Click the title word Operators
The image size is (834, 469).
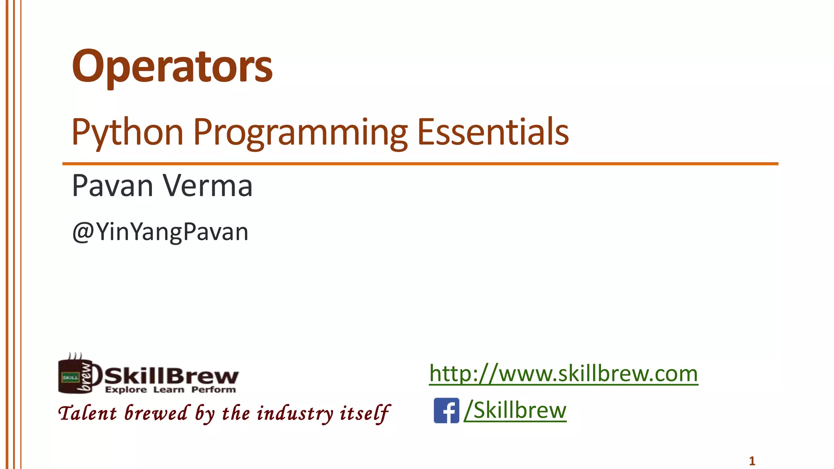pyautogui.click(x=172, y=66)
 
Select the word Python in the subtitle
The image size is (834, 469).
pyautogui.click(x=127, y=132)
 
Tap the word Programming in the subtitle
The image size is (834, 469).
pyautogui.click(x=300, y=132)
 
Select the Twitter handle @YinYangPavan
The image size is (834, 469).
pyautogui.click(x=160, y=232)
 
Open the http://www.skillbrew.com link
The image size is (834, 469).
pyautogui.click(x=564, y=373)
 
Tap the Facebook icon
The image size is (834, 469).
pyautogui.click(x=446, y=410)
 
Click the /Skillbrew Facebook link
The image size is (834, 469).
pyautogui.click(x=516, y=410)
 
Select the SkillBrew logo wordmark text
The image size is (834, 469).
pyautogui.click(x=171, y=375)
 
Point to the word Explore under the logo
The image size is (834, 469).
pyautogui.click(x=126, y=390)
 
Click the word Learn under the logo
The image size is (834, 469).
pyautogui.click(x=169, y=390)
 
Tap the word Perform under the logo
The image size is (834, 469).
pyautogui.click(x=213, y=390)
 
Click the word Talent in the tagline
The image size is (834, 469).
pyautogui.click(x=88, y=414)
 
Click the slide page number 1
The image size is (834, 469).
pyautogui.click(x=752, y=461)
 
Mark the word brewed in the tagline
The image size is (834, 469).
pyautogui.click(x=156, y=414)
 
